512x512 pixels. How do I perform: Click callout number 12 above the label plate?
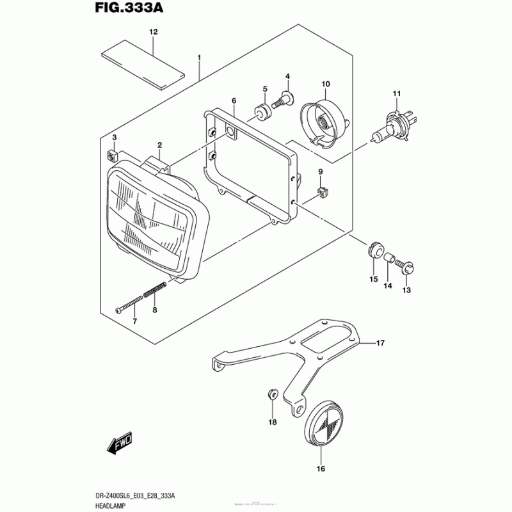click(153, 31)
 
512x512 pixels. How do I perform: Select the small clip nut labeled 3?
click(113, 156)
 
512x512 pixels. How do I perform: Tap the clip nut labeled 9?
click(324, 191)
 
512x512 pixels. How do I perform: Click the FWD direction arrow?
click(118, 444)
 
